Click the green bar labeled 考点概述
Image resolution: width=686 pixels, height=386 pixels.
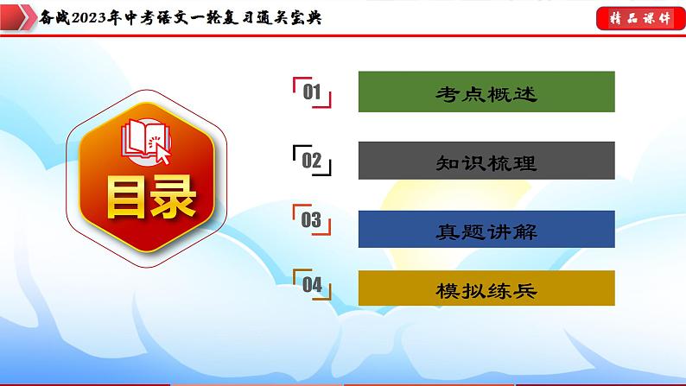point(486,92)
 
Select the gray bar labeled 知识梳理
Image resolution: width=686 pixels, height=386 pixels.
point(486,161)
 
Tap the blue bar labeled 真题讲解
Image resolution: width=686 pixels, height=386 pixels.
point(486,231)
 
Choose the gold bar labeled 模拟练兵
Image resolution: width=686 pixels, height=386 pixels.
point(486,290)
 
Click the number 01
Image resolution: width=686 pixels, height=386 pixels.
point(312,92)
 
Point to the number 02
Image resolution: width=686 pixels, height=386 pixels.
point(312,161)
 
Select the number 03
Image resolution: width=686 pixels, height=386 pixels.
point(311,221)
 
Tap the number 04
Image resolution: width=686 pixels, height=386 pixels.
point(312,285)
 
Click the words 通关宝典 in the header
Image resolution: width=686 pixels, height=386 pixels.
point(289,17)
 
